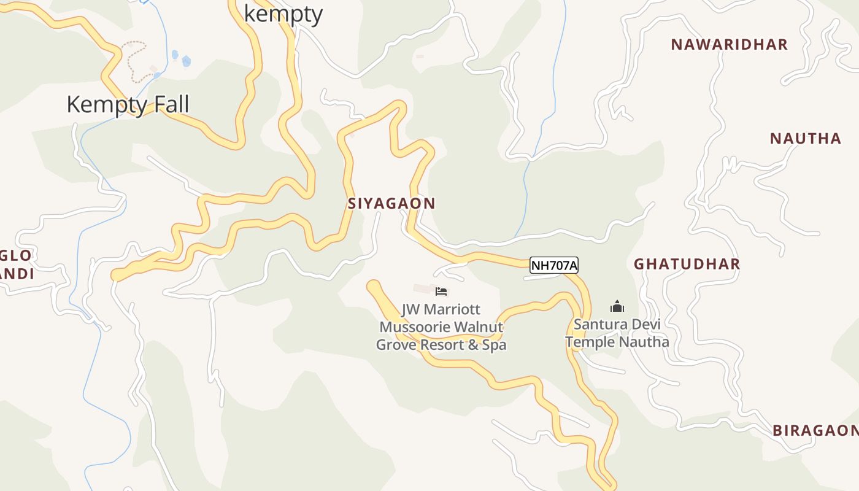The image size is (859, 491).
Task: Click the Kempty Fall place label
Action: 128,104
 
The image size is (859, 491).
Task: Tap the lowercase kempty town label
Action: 283,14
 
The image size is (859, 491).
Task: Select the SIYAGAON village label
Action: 391,204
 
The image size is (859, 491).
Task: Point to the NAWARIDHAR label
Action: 729,45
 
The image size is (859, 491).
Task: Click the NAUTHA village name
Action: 806,139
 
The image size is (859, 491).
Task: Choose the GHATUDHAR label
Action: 687,265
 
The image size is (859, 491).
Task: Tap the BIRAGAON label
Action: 815,431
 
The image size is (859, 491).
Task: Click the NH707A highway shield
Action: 554,266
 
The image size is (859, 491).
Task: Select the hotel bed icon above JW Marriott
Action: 441,292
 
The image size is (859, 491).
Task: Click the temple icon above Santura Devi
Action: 617,306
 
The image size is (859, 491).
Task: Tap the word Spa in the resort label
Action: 494,345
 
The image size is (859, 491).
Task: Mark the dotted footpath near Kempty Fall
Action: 134,62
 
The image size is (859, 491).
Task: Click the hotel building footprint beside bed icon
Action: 423,288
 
